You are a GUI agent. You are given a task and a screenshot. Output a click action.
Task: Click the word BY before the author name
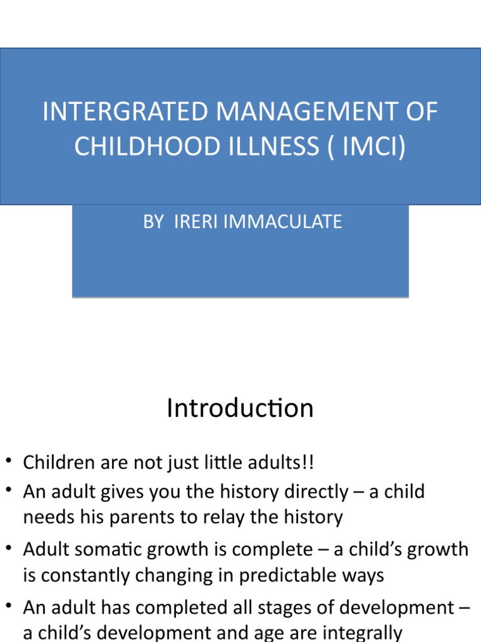(153, 221)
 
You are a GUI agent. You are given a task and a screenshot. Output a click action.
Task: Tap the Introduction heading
(240, 408)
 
